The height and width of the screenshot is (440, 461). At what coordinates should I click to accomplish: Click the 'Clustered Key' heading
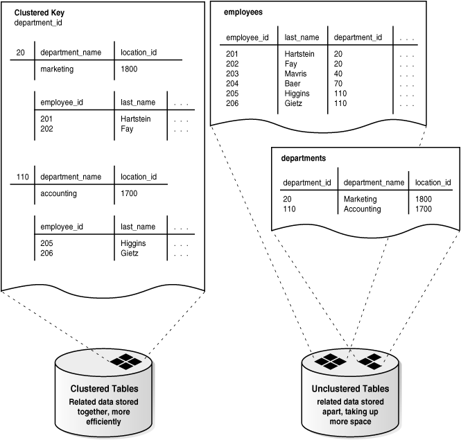coord(41,13)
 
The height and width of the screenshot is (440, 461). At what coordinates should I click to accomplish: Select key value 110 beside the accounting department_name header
coord(22,177)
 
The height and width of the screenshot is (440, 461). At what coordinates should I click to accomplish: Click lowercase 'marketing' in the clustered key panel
coord(58,69)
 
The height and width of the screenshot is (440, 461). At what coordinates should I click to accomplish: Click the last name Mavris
coord(296,73)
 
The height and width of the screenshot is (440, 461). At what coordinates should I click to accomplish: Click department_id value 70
coord(338,82)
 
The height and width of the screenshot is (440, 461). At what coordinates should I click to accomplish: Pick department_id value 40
coord(338,73)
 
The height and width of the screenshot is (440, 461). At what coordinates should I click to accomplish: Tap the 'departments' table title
coord(304,158)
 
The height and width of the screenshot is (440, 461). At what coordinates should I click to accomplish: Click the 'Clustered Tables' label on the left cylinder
coord(104,389)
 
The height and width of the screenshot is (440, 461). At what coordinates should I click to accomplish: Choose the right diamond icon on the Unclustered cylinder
coord(369,361)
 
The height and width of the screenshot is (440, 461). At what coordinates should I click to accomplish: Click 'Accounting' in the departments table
coord(362,209)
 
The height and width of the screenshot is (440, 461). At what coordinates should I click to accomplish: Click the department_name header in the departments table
coord(374,182)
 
